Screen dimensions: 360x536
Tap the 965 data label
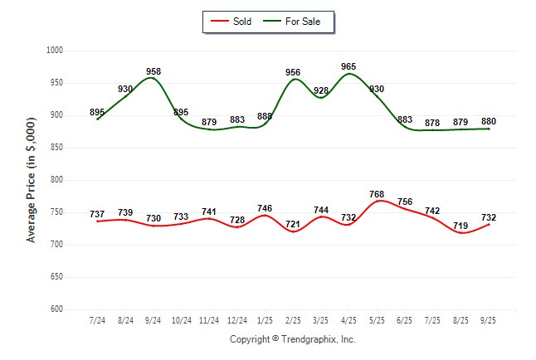[349, 66]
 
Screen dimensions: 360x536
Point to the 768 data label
[377, 195]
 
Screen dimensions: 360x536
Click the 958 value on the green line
[153, 71]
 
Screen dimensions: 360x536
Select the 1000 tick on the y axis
[56, 51]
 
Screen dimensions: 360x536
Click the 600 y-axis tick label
[57, 309]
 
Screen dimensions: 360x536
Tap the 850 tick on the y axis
[57, 148]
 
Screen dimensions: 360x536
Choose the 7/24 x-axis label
[97, 320]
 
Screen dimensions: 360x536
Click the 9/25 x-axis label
[489, 320]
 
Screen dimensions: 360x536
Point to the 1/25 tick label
[265, 320]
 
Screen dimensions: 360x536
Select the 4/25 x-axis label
[349, 320]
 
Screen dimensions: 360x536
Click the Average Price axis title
[32, 180]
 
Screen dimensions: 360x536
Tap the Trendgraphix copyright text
[292, 339]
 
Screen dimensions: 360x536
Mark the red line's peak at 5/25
[377, 201]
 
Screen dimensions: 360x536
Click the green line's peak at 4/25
[349, 74]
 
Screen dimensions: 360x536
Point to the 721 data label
[293, 224]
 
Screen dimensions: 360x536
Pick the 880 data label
[489, 121]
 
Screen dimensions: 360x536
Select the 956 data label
[293, 72]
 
